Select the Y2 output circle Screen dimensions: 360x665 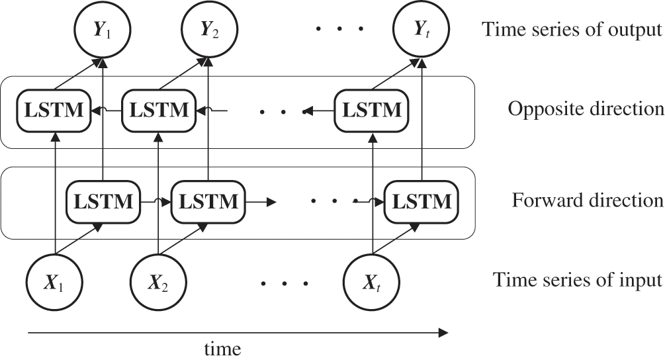pos(209,30)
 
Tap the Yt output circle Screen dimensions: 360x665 pos(421,30)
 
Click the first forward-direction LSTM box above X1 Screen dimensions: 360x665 pos(103,201)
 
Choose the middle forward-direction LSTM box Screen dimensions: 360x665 pos(208,201)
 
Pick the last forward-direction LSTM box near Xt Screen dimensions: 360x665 pos(421,201)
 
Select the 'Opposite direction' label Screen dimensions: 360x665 pos(585,109)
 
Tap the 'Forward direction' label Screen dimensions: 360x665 pos(588,200)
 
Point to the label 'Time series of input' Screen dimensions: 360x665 pos(577,281)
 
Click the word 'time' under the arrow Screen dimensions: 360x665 pos(223,347)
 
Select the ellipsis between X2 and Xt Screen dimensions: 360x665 pos(285,285)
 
